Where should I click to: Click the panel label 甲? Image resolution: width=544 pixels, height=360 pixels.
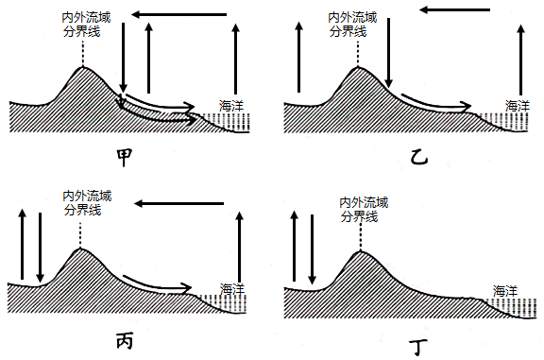(x=125, y=157)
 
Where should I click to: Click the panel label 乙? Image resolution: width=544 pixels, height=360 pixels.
(x=418, y=157)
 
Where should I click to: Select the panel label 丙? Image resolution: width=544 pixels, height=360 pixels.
(x=125, y=341)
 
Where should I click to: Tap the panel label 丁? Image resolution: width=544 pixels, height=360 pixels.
(x=418, y=347)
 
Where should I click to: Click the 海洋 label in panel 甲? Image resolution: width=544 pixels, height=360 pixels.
(x=231, y=106)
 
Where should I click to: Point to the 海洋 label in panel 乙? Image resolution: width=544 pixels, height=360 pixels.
(x=518, y=106)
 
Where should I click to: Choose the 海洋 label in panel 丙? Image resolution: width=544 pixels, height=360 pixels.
(x=232, y=288)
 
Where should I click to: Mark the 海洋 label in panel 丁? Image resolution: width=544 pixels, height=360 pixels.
(x=505, y=291)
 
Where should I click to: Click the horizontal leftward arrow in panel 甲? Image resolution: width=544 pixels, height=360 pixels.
(x=179, y=14)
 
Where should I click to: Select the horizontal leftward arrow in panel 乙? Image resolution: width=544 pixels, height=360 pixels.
(x=454, y=9)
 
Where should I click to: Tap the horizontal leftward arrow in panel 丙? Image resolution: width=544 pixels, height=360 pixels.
(x=179, y=203)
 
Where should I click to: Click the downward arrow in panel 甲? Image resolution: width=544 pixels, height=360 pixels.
(x=123, y=58)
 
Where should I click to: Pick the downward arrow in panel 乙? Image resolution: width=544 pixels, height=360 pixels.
(x=388, y=53)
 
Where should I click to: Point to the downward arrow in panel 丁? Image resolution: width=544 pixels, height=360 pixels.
(x=312, y=249)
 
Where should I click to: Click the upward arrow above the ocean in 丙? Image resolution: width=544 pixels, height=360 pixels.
(x=239, y=246)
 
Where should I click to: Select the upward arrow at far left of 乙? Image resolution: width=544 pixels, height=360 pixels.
(x=299, y=57)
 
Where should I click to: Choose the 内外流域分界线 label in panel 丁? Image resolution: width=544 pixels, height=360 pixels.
(x=364, y=210)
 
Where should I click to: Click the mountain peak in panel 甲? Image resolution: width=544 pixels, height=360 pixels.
(x=83, y=67)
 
